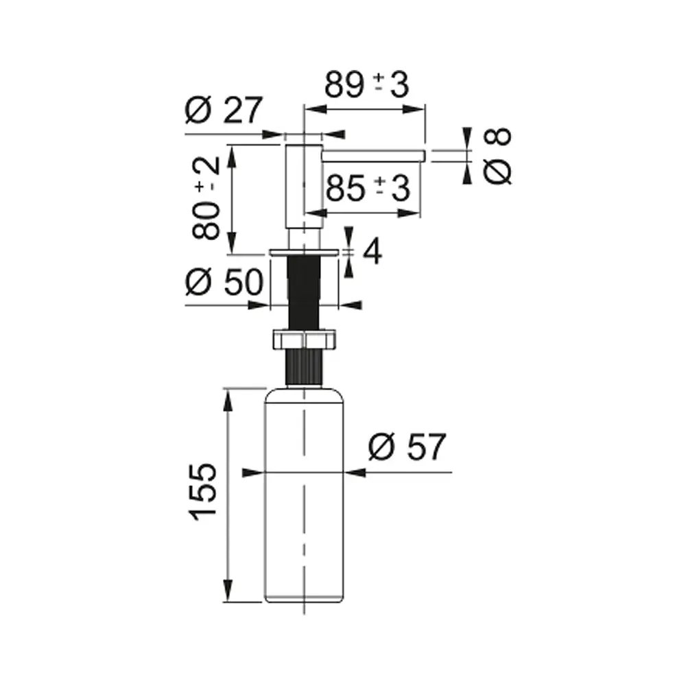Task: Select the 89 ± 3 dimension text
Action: click(366, 84)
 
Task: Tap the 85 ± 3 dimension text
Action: click(368, 188)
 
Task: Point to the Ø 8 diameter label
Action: click(497, 156)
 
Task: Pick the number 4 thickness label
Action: click(372, 251)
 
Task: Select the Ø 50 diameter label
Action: click(224, 281)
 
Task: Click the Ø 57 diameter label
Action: click(407, 447)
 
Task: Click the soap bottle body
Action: click(304, 495)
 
